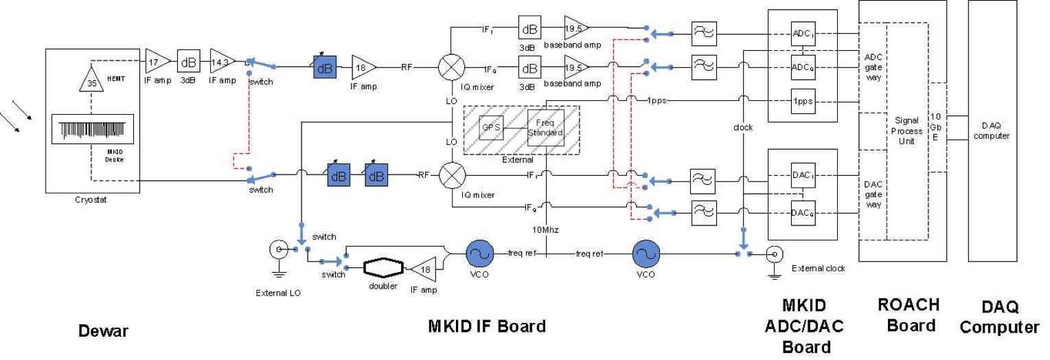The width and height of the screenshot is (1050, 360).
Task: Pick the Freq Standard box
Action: tap(545, 128)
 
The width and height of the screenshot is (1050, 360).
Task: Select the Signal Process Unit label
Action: tap(906, 131)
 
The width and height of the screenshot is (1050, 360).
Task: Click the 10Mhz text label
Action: tap(545, 229)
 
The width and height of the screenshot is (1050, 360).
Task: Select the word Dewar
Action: tap(103, 331)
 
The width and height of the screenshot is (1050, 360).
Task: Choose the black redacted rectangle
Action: tap(122, 17)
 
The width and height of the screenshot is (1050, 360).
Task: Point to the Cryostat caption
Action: tap(91, 201)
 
